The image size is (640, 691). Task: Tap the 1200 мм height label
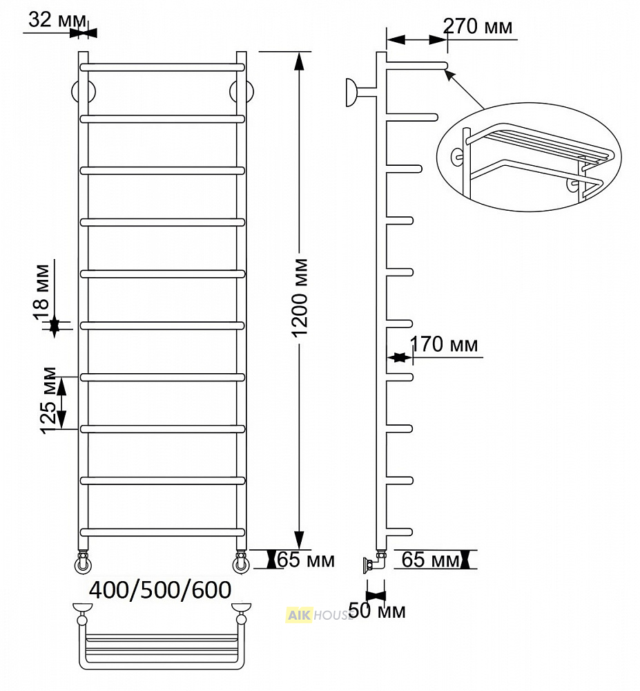click(x=301, y=299)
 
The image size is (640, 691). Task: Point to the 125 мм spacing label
click(x=48, y=401)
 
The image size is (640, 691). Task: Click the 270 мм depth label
click(x=478, y=26)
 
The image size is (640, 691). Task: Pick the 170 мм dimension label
click(x=444, y=344)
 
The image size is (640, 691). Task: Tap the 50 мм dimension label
click(x=377, y=612)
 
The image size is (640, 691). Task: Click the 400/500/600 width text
click(x=160, y=590)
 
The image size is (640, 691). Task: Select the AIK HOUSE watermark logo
click(x=319, y=615)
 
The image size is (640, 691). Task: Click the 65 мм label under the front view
click(x=305, y=560)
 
